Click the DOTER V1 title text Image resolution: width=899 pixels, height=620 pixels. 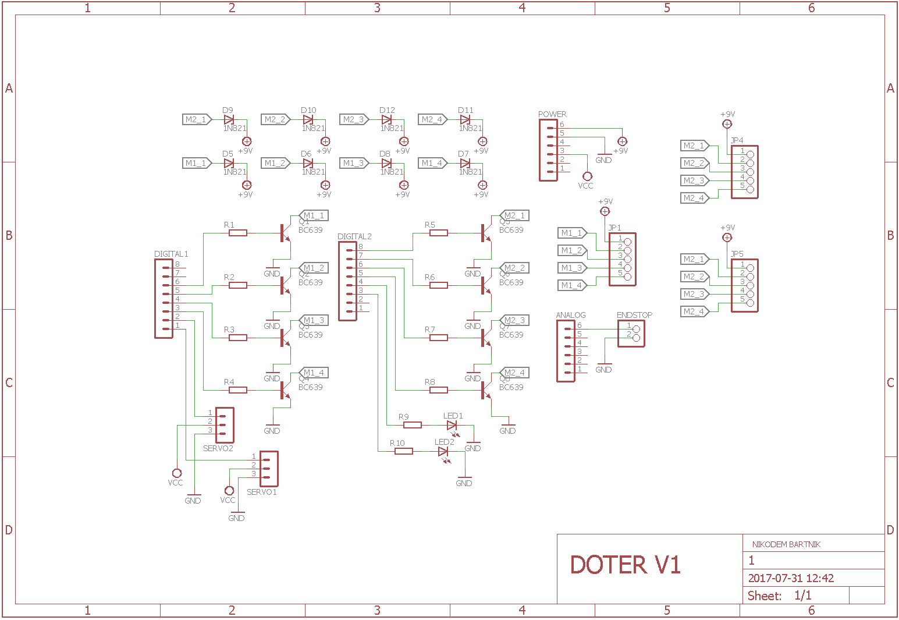[625, 565]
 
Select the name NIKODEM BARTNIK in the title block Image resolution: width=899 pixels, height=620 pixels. [786, 544]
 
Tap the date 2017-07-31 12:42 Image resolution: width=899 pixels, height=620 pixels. [791, 578]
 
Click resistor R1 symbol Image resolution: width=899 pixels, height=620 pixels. [237, 233]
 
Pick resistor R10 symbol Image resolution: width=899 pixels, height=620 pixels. [404, 451]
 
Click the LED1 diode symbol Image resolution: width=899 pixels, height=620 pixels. [452, 425]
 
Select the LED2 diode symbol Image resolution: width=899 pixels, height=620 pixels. [443, 452]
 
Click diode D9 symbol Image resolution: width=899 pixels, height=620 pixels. [229, 119]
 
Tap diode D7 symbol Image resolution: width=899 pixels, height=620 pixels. [464, 163]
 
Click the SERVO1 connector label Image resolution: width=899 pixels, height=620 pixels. [261, 492]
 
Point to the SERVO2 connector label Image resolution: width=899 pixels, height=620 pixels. [218, 448]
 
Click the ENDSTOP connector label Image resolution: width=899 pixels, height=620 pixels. [634, 315]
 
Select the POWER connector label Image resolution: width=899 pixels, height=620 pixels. [552, 114]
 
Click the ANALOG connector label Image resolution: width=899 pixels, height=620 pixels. [570, 315]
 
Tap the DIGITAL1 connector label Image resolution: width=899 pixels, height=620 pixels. [171, 254]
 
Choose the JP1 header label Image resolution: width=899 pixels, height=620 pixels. [615, 228]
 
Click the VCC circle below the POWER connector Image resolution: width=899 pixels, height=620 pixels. [587, 176]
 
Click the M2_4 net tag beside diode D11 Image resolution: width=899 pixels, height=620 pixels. [432, 119]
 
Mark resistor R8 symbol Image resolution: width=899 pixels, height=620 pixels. [438, 390]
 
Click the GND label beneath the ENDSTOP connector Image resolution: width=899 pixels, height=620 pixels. [603, 370]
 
